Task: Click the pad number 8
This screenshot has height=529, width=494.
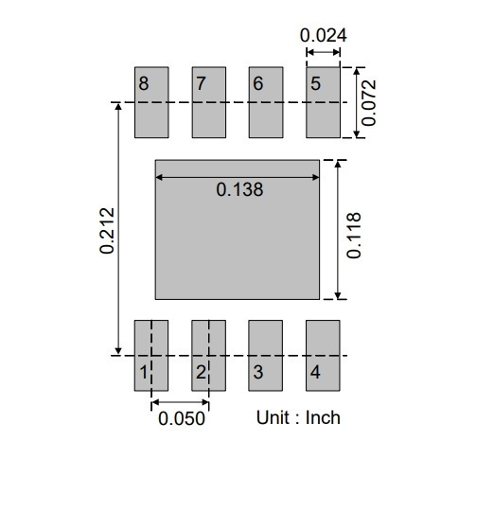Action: pos(144,83)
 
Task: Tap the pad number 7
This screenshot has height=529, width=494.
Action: pos(202,83)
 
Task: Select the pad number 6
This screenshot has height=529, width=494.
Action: pos(258,83)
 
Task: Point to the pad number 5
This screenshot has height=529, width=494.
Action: pos(315,83)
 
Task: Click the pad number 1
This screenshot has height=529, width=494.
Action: pos(144,373)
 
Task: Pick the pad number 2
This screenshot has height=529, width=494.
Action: pos(202,373)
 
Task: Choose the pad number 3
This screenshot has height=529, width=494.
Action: pos(258,373)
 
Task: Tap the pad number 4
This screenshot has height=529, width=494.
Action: pos(315,373)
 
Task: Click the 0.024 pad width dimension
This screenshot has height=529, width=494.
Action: pos(324,35)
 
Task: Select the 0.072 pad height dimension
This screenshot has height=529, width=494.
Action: pos(368,102)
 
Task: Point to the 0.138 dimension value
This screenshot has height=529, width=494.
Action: pos(239,189)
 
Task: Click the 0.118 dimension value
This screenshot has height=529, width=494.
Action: pos(354,236)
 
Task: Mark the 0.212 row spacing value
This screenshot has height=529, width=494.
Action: pos(107,231)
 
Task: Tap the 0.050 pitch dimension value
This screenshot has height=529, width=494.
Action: pos(182,418)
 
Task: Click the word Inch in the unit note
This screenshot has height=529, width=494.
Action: pos(323,417)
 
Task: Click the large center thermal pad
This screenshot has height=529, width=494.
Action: pos(238,229)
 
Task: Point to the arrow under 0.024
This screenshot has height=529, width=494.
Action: pos(324,52)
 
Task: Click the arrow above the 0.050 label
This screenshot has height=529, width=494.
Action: pos(180,402)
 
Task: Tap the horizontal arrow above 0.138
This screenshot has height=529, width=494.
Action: pos(238,177)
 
